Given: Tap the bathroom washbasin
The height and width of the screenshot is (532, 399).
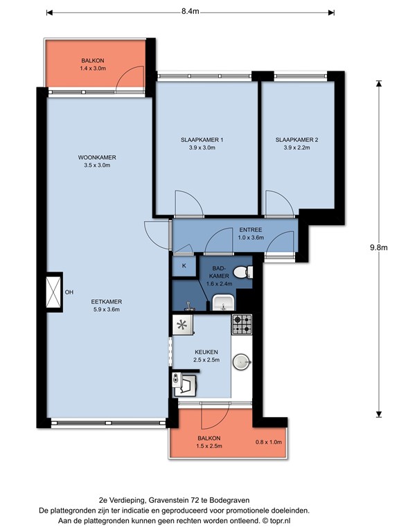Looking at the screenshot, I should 223,302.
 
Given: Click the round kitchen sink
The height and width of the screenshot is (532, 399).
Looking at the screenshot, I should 241,362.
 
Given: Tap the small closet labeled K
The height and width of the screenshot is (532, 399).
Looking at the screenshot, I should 184,265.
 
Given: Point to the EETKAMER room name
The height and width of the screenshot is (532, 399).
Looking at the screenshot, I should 107,302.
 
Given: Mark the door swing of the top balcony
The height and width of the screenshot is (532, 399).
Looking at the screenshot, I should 130,76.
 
